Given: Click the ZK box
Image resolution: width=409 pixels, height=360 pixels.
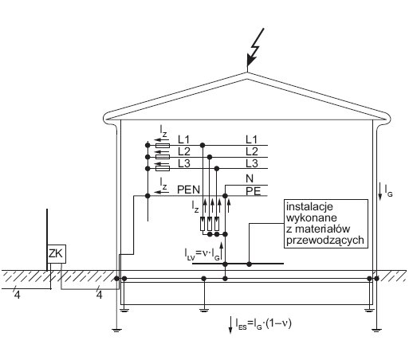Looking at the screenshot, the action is point(57,254).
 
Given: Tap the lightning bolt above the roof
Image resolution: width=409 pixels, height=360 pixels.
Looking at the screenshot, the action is point(255,47).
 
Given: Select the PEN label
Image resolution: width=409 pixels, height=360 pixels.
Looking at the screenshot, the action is point(188,190).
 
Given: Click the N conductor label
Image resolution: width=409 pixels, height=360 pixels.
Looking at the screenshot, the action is point(250,178).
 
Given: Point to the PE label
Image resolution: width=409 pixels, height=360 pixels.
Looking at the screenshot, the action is point(253,191).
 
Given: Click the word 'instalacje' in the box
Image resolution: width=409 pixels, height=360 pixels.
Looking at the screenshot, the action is point(309,206).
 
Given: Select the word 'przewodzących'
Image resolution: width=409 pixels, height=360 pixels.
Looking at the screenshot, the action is point(325,240).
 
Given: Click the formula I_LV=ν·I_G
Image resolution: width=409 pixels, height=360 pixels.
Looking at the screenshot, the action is point(202,253).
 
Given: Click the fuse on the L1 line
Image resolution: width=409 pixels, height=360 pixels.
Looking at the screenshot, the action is point(163,145).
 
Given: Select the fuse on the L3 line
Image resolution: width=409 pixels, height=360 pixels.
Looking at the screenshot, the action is point(163,168).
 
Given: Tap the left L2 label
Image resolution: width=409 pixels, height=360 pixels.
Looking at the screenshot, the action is point(184,151).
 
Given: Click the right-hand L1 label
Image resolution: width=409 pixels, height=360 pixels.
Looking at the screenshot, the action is point(251,139).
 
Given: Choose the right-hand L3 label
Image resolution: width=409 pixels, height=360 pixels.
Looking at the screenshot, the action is point(252,163).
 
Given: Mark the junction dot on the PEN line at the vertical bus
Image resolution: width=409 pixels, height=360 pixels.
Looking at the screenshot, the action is point(147,196).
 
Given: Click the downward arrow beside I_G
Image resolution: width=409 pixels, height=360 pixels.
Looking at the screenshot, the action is point(380,191).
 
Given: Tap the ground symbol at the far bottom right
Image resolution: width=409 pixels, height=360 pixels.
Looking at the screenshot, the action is point(376,331).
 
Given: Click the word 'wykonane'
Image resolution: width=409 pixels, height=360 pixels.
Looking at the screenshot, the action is point(312,218).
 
